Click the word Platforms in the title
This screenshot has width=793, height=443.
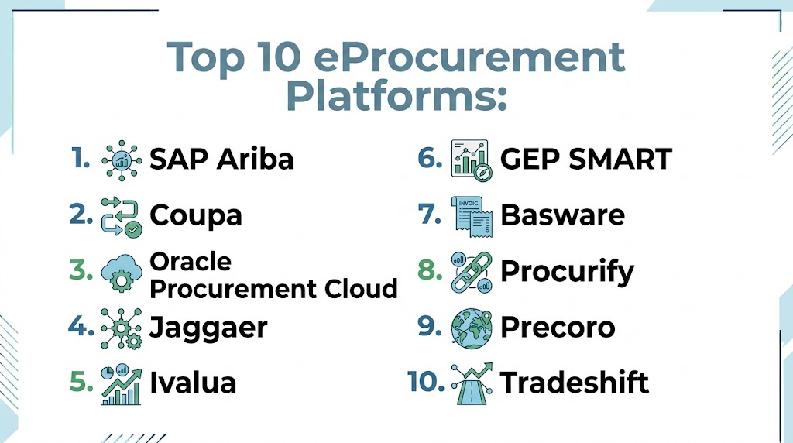click(x=396, y=97)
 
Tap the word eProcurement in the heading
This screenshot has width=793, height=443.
click(x=469, y=57)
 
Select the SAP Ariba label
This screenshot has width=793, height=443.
click(x=221, y=159)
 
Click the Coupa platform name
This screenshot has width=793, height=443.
click(x=196, y=215)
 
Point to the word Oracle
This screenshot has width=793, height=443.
click(x=191, y=262)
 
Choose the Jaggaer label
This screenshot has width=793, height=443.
click(x=208, y=328)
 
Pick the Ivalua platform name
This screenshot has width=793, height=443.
click(x=193, y=383)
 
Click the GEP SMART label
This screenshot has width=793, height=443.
click(x=586, y=159)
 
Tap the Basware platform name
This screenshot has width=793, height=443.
click(x=562, y=215)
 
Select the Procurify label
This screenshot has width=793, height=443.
click(x=567, y=272)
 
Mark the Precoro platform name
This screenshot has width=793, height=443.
click(x=558, y=327)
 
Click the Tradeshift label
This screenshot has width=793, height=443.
click(x=575, y=383)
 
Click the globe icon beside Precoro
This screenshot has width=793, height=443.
click(x=472, y=328)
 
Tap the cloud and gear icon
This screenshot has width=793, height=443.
click(x=122, y=273)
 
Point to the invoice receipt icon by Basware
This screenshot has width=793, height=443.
click(x=472, y=217)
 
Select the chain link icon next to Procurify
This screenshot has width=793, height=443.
click(x=472, y=272)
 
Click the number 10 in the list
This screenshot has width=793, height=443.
click(x=425, y=382)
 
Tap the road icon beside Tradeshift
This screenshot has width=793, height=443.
click(x=472, y=384)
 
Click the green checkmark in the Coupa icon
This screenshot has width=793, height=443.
click(x=133, y=229)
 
